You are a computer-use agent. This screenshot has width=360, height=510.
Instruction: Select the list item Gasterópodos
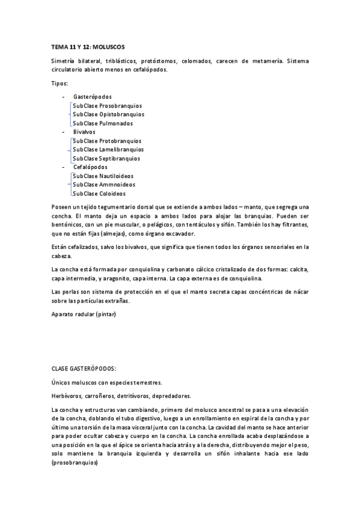coord(92,96)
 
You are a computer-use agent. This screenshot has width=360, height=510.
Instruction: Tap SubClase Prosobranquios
coord(107,105)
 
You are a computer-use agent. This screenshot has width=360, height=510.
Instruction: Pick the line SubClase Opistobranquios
coord(108,114)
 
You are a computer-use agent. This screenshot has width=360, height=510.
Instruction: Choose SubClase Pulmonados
coord(103,123)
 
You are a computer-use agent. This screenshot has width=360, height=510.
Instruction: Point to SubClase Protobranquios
coord(107,141)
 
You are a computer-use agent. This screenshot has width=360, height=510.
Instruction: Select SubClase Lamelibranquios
coord(108,149)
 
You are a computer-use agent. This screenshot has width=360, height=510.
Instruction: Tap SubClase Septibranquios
coord(106,158)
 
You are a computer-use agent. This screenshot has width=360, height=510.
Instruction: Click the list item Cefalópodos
coord(90,167)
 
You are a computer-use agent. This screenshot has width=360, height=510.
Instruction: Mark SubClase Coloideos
coord(99,194)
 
